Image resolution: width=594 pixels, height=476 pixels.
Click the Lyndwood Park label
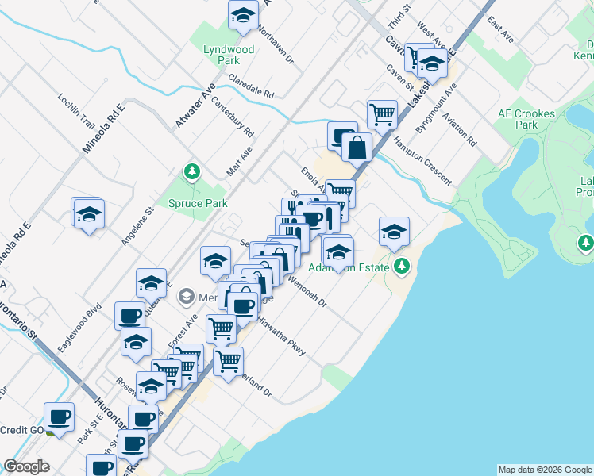[229, 55]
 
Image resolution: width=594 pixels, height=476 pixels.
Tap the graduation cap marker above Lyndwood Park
[243, 14]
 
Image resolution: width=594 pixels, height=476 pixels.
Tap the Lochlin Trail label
[76, 112]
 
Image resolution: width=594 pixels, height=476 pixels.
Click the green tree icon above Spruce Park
[191, 171]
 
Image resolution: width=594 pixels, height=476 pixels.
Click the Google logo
[26, 466]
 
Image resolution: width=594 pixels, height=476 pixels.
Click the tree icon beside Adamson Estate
[403, 266]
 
